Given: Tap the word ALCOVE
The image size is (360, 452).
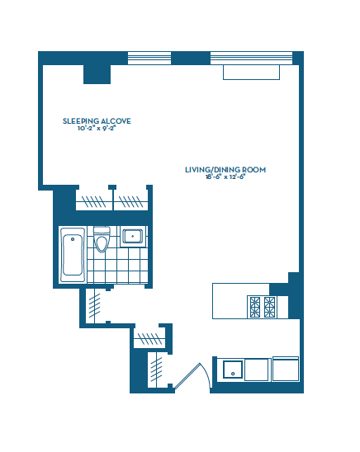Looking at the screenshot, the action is (116, 121).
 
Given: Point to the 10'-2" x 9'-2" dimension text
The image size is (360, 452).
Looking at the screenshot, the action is (97, 129).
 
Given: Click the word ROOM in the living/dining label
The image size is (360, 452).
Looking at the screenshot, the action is (253, 170).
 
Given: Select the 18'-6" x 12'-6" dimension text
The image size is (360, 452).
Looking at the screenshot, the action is (225, 177).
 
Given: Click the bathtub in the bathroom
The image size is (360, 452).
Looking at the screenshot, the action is (73, 255).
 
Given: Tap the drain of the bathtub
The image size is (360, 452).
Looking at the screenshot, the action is (73, 239).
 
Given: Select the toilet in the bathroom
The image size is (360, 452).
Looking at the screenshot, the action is (102, 239).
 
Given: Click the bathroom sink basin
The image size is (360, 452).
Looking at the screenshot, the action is (132, 237).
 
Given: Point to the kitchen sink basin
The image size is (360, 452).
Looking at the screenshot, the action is (233, 370).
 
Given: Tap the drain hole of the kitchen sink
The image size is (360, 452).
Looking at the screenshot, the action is (233, 374).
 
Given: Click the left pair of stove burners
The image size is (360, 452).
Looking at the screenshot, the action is (255, 307).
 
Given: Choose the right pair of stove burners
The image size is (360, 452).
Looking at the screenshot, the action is (269, 307).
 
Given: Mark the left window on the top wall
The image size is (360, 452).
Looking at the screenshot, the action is (149, 58).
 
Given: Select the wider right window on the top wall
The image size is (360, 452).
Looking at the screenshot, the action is (251, 58).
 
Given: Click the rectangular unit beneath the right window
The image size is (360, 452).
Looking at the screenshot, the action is (251, 73).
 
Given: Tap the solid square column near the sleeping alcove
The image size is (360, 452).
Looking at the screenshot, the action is (97, 74).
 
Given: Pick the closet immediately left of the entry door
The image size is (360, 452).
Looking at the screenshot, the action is (157, 370).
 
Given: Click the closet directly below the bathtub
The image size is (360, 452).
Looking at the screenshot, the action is (96, 306).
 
